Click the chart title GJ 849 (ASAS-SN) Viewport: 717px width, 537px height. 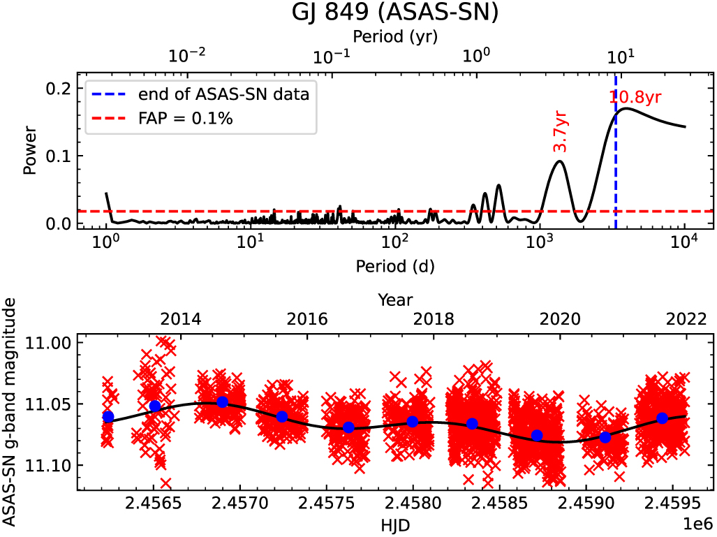click(395, 13)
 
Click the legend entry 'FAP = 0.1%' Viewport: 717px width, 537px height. click(185, 119)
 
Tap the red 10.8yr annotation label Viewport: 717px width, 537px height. click(635, 98)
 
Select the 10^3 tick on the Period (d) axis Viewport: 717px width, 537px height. click(540, 243)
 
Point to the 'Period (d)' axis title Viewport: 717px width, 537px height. click(394, 265)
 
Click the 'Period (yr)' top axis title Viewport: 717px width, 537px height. click(394, 35)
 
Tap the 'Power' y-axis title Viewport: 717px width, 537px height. click(29, 150)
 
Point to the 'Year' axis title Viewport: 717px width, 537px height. click(394, 300)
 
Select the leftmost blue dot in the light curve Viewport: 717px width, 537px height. click(108, 417)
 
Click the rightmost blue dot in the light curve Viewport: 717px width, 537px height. click(662, 418)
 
